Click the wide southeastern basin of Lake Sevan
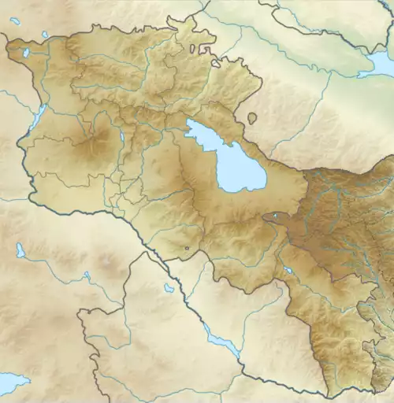pyautogui.click(x=240, y=172)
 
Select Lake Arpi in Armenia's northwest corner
pyautogui.click(x=26, y=53)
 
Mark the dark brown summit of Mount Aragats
pyautogui.click(x=96, y=143)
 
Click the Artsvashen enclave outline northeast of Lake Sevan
pyautogui.click(x=251, y=118)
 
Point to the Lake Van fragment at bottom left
pyautogui.click(x=12, y=384)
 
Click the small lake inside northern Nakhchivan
pyautogui.click(x=168, y=288)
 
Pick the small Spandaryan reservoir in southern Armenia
pyautogui.click(x=289, y=271)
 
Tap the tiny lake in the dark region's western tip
pyautogui.click(x=273, y=216)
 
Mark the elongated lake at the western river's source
pyautogui.click(x=20, y=250)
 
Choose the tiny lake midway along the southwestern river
pyautogui.click(x=87, y=276)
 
